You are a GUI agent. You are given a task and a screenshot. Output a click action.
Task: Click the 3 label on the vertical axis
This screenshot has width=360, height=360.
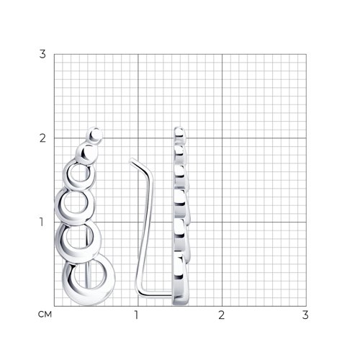pyautogui.click(x=42, y=54)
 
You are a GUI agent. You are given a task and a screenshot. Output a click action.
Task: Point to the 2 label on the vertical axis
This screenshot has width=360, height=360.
pyautogui.click(x=42, y=138)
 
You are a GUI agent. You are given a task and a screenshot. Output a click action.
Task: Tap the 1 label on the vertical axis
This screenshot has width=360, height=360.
pyautogui.click(x=42, y=222)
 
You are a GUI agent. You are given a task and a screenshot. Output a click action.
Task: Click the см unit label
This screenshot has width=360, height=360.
pyautogui.click(x=45, y=314)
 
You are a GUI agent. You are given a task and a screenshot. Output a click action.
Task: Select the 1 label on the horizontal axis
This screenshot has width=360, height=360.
pyautogui.click(x=136, y=315)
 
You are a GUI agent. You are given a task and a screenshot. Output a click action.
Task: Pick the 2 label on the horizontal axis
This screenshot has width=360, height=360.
pyautogui.click(x=221, y=315)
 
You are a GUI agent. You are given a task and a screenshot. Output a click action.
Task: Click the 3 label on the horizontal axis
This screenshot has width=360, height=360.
pyautogui.click(x=305, y=315)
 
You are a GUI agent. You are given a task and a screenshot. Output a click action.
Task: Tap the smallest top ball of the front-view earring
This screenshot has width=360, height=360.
pyautogui.click(x=95, y=135)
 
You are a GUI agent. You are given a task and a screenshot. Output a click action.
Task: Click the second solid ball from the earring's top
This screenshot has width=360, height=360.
pyautogui.click(x=86, y=153)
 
